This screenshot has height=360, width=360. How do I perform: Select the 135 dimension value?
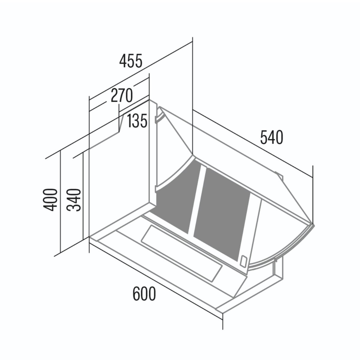pyautogui.click(x=137, y=121)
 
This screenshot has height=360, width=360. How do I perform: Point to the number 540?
pyautogui.click(x=272, y=137)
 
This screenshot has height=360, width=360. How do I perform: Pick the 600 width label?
pyautogui.click(x=144, y=294)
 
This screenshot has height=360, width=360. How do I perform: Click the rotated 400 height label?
pyautogui.click(x=50, y=200)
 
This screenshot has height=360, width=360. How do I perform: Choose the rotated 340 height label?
pyautogui.click(x=74, y=200)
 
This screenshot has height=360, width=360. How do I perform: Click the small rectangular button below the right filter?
pyautogui.click(x=244, y=261)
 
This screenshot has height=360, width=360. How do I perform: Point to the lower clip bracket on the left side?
pyautogui.click(x=156, y=189)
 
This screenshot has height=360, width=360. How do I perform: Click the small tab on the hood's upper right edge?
pyautogui.click(x=279, y=176)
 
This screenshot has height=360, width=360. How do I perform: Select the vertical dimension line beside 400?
pyautogui.click(x=60, y=202)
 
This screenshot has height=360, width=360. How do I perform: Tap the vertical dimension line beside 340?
pyautogui.click(x=83, y=196)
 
